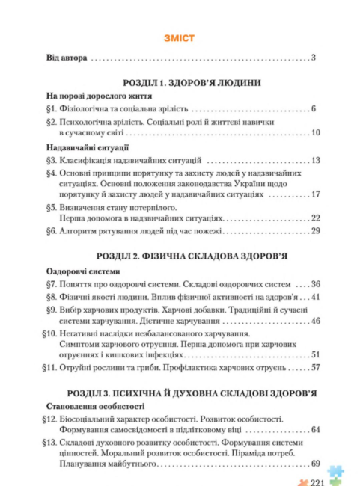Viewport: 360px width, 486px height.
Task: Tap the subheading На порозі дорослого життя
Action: (x=88, y=96)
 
